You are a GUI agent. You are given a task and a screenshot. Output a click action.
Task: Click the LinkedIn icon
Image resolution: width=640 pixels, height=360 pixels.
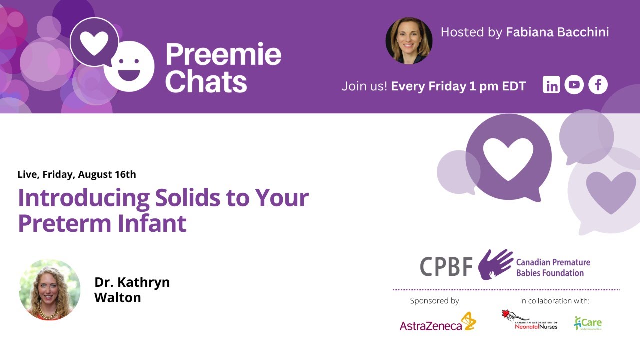pyautogui.click(x=551, y=85)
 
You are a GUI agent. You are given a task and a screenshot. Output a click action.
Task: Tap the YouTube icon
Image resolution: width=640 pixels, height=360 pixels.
pyautogui.click(x=574, y=85)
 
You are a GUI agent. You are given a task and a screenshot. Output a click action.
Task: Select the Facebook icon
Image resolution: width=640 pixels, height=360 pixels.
pyautogui.click(x=598, y=85)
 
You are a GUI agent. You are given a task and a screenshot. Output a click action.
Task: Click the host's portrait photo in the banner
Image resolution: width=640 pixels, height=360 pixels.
pyautogui.click(x=409, y=41)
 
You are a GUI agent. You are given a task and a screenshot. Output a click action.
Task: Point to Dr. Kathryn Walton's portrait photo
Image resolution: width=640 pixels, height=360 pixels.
pyautogui.click(x=49, y=290)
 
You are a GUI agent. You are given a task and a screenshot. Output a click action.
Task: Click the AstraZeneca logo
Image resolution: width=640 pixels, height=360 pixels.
pyautogui.click(x=438, y=322)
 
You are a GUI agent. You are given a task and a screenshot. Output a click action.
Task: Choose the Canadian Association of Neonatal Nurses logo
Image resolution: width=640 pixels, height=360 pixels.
pyautogui.click(x=529, y=320)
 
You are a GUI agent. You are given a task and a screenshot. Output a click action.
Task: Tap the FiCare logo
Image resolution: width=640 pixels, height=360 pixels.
pyautogui.click(x=588, y=323)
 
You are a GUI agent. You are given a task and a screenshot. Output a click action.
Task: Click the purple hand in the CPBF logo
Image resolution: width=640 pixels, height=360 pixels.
pyautogui.click(x=495, y=264)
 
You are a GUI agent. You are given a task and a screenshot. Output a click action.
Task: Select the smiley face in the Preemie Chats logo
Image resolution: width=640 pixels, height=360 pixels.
pyautogui.click(x=129, y=68)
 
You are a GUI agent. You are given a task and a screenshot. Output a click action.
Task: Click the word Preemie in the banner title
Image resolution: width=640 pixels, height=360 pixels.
pyautogui.click(x=223, y=54)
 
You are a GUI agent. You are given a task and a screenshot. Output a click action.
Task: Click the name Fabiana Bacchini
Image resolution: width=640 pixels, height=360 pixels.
pyautogui.click(x=557, y=32)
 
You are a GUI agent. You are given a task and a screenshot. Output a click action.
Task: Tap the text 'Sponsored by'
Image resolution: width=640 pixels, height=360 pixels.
pyautogui.click(x=434, y=301)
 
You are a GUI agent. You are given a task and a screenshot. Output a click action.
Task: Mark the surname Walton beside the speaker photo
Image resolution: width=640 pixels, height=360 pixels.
pyautogui.click(x=118, y=298)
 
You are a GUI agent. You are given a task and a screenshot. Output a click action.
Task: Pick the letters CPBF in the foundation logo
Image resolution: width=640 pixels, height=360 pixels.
pyautogui.click(x=446, y=266)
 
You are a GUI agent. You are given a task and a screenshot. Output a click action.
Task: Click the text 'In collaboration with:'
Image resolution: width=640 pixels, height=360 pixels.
pyautogui.click(x=555, y=301)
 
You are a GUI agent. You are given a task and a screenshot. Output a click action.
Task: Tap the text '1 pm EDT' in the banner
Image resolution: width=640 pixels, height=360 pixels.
pyautogui.click(x=497, y=86)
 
